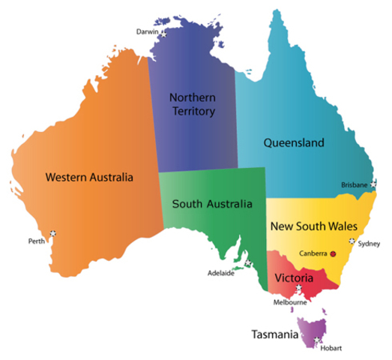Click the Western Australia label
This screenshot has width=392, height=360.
click(88, 178)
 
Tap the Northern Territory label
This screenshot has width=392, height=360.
click(192, 104)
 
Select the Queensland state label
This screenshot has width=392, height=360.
click(293, 142)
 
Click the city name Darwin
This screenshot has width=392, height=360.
click(147, 31)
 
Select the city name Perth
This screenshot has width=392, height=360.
click(35, 241)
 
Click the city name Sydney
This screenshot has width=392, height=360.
click(370, 243)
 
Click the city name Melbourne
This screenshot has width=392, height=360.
click(292, 302)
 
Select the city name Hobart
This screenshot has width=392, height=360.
click(331, 348)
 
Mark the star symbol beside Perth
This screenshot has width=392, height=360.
click(52, 233)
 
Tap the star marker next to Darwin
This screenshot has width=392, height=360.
click(163, 32)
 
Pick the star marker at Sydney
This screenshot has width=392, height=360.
click(352, 241)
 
